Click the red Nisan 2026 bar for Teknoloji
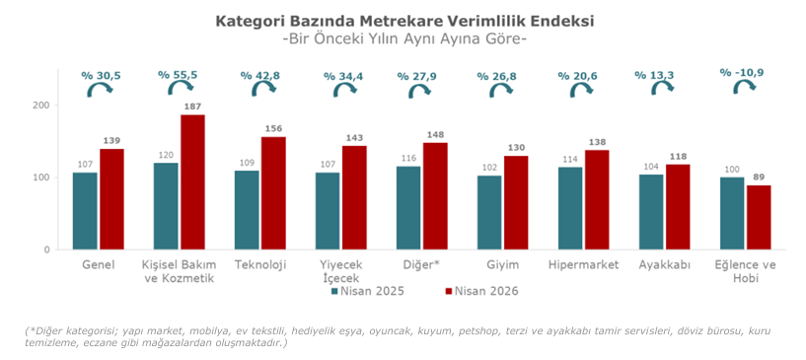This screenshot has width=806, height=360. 273,193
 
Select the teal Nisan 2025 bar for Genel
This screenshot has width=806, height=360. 85,211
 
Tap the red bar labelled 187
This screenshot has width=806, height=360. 192,182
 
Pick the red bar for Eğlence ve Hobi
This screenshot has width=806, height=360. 759,218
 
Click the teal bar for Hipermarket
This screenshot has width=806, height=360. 570,208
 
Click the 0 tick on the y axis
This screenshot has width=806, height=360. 46,251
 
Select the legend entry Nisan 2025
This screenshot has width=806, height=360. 368,291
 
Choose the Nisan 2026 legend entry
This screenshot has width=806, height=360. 481,291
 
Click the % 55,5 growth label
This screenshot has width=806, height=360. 178,75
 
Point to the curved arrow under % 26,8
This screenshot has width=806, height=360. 500,91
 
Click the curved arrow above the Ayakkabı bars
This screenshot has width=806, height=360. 663,89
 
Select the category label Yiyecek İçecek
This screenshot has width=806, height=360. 341,271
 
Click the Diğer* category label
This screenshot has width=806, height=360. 421,265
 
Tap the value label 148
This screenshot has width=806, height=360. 435,134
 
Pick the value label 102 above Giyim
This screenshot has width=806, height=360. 489,167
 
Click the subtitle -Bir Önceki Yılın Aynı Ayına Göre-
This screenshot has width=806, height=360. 404,39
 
